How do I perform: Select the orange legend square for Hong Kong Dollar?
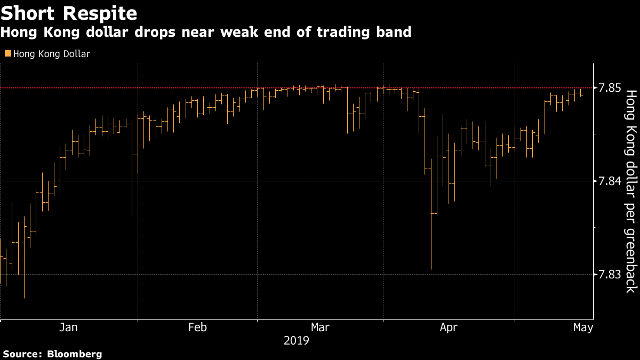point(7,53)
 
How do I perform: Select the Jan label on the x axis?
point(68,327)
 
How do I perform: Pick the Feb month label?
point(197,327)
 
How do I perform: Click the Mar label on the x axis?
point(320,327)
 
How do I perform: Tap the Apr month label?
point(449,327)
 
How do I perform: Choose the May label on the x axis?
point(583,327)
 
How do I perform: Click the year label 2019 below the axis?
point(297,340)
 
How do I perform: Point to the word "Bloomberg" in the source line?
point(75,354)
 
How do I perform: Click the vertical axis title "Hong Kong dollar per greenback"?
point(630,191)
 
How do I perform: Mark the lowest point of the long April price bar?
point(431,269)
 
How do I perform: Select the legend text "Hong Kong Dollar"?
point(52,53)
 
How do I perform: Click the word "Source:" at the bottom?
point(23,354)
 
